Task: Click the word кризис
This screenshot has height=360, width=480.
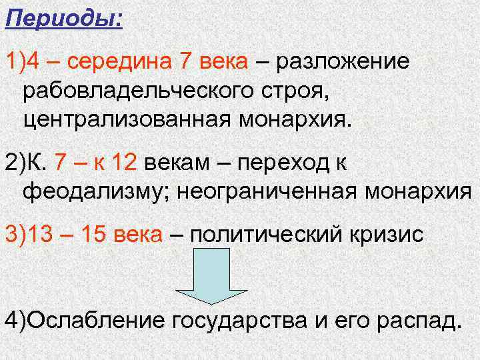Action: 383,235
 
